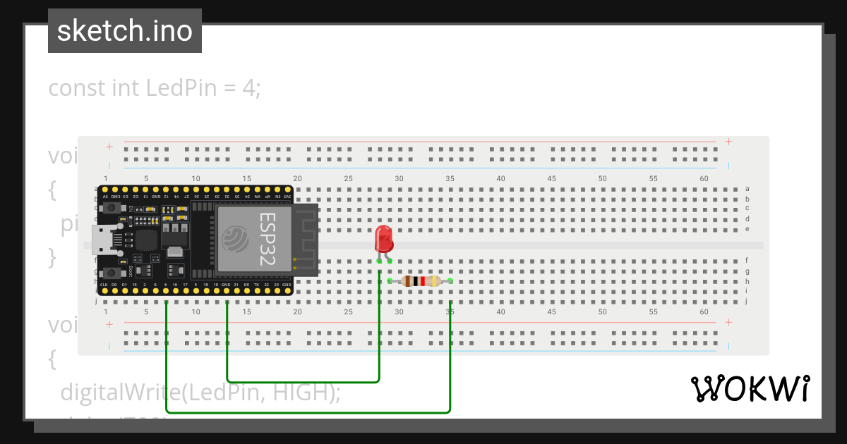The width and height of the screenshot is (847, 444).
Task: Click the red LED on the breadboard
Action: click(383, 239)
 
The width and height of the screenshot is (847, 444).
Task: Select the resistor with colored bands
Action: click(421, 281)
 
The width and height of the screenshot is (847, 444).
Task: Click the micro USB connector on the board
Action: click(102, 240)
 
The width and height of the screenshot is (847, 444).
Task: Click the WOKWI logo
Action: click(749, 388)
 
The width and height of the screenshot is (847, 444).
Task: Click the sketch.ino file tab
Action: click(125, 31)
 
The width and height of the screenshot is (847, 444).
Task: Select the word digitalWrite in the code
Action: click(119, 392)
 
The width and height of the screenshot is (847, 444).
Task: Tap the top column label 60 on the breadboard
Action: click(704, 179)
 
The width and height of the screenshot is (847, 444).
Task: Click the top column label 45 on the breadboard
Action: click(551, 179)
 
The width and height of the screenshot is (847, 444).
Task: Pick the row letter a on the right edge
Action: click(747, 189)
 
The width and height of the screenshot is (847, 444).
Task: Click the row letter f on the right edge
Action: click(747, 260)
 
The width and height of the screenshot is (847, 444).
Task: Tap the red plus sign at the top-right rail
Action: click(728, 142)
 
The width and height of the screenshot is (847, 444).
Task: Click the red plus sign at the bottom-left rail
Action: click(109, 324)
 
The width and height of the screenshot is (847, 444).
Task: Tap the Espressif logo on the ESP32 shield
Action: click(236, 240)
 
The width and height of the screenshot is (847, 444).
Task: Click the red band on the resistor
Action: click(422, 281)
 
